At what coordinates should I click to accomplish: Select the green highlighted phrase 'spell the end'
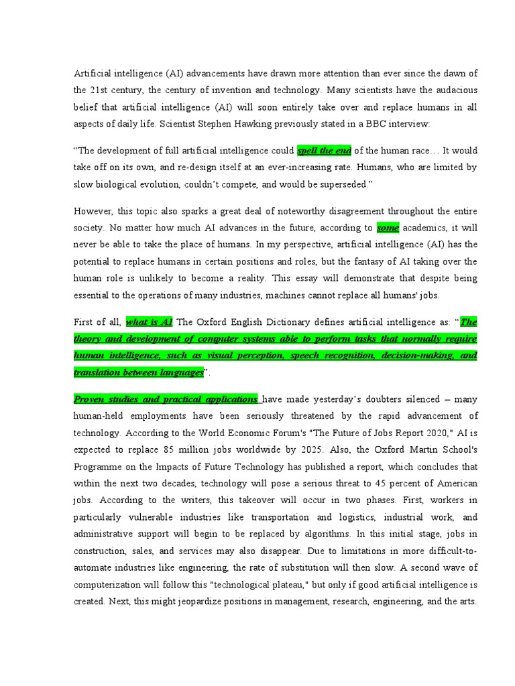pyautogui.click(x=324, y=150)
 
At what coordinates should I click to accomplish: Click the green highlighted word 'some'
pyautogui.click(x=388, y=228)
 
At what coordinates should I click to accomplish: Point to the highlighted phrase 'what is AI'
pyautogui.click(x=150, y=322)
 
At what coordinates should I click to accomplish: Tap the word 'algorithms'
pyautogui.click(x=328, y=535)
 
